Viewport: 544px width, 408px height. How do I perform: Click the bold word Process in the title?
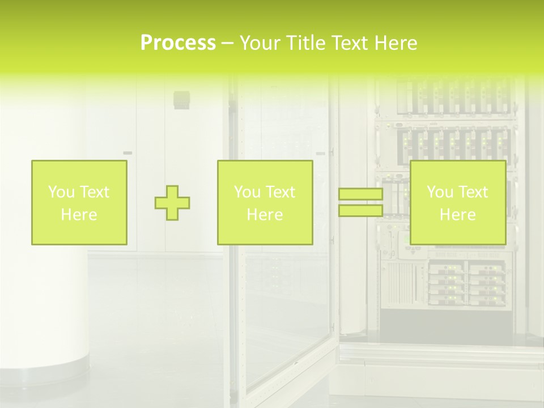point(178,42)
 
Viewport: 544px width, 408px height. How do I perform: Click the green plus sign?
point(172,203)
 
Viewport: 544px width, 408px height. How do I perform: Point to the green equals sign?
point(360,203)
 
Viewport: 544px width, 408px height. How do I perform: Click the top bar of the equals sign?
point(360,194)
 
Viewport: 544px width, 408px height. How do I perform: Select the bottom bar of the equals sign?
point(360,211)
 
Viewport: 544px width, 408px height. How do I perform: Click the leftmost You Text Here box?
point(79,203)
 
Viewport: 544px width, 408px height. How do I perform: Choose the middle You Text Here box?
point(265,203)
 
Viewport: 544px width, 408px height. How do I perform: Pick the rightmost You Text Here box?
point(458,203)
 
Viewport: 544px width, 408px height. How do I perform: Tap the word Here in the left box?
point(79,215)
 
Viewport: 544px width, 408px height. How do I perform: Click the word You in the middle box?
point(247,192)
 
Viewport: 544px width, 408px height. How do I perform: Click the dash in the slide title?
point(227,42)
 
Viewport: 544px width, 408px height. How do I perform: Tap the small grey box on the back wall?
point(181,99)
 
